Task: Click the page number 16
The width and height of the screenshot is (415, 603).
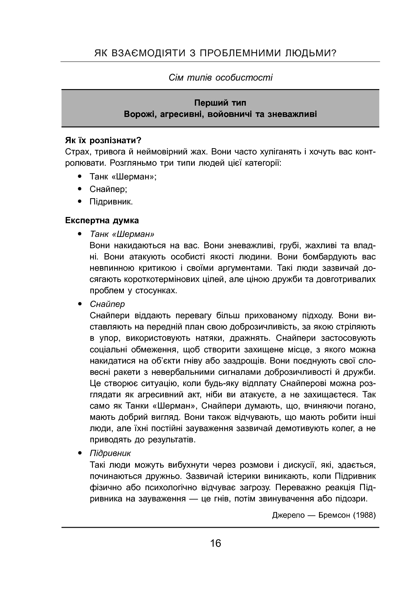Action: click(x=216, y=543)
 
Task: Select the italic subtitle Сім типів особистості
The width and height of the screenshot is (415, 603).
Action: click(x=220, y=77)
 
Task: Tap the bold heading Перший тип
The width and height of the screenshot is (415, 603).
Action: click(x=220, y=103)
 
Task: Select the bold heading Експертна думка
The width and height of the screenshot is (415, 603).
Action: click(x=102, y=220)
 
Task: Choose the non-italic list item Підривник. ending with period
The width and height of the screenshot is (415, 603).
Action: click(x=111, y=202)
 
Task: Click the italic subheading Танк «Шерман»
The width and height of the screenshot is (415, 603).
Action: click(x=122, y=234)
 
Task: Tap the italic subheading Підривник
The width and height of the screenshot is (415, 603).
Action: click(x=110, y=453)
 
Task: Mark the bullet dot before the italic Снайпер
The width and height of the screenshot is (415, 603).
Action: click(x=80, y=304)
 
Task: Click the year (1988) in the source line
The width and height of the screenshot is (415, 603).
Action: click(x=364, y=515)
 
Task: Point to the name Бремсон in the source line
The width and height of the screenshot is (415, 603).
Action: click(x=334, y=515)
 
